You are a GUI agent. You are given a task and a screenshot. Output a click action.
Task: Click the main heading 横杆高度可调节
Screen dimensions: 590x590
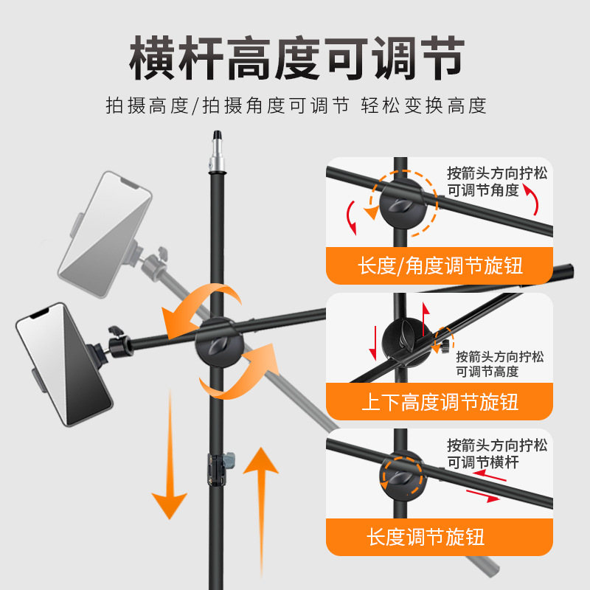tap(296, 58)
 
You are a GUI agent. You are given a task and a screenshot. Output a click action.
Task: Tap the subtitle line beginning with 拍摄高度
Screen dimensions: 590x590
tap(296, 105)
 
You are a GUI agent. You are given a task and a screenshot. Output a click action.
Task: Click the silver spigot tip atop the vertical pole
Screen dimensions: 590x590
tap(217, 152)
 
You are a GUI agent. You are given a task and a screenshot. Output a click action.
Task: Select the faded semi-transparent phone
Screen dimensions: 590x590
tap(105, 233)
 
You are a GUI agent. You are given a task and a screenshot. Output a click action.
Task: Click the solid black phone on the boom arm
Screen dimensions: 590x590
tap(64, 364)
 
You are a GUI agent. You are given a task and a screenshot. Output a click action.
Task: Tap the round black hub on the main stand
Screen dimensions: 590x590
tap(219, 342)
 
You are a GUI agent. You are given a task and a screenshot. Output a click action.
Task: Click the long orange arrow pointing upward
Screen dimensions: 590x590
tap(261, 512)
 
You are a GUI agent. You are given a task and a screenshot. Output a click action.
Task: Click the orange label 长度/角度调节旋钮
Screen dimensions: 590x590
tap(440, 265)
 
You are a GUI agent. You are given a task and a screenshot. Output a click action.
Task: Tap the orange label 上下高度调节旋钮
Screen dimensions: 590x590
tap(440, 402)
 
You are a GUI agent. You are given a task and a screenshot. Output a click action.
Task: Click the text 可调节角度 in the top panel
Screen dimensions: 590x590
tap(483, 190)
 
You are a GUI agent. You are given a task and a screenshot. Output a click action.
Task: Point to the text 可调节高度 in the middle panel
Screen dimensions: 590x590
tap(487, 372)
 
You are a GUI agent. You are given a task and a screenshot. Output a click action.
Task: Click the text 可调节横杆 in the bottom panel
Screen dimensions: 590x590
tap(483, 462)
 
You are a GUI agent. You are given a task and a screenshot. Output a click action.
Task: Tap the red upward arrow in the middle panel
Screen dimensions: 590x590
tap(425, 319)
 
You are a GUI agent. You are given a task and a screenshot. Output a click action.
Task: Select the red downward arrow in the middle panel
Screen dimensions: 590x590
tap(374, 343)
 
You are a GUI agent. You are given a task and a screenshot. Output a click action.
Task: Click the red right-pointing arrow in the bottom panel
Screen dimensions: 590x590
tap(483, 496)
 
